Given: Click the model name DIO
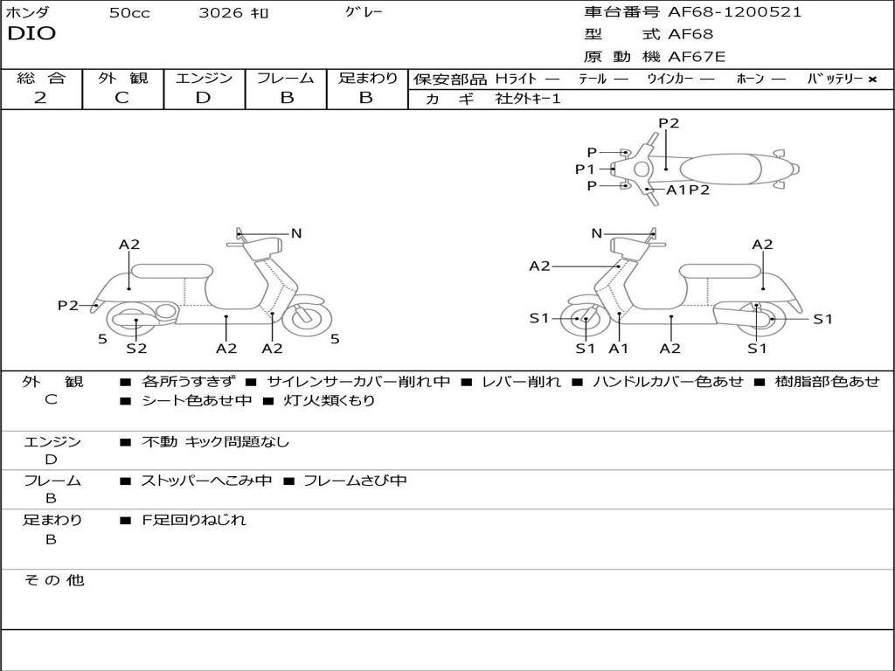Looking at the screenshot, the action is point(31,34).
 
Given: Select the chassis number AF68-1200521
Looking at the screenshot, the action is point(734,12).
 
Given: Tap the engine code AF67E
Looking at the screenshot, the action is point(697,57).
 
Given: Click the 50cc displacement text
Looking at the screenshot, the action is point(129,13).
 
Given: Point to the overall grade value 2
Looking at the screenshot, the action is point(40,98).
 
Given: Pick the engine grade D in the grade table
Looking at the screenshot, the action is point(203,98).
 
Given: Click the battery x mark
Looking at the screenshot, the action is point(872,80).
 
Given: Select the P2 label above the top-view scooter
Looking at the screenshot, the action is point(669,122).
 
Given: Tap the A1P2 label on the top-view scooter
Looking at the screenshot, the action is point(688,190).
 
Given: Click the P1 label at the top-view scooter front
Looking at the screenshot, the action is point(585,169).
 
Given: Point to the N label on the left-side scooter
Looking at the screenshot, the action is point(296,232).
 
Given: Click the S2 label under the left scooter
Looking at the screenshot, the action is point(136,348).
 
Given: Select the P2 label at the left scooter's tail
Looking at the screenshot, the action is point(68,305).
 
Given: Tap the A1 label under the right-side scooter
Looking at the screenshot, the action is point(618,348).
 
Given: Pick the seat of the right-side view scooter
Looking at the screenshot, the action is point(720,272).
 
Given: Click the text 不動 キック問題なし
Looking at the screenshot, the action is point(215,441).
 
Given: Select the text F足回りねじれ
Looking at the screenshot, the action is point(193,520).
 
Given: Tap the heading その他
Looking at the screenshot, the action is point(53,580).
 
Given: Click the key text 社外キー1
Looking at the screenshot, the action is point(528,99).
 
